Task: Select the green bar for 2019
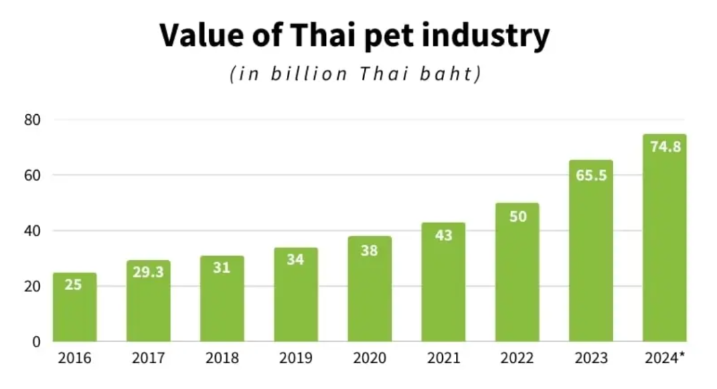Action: click(295, 295)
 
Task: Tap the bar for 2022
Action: click(517, 272)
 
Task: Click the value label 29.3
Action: click(148, 272)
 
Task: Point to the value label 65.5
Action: click(591, 176)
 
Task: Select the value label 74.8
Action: click(665, 147)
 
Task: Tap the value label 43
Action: click(443, 236)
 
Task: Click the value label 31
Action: click(222, 269)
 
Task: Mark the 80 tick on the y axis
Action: click(33, 120)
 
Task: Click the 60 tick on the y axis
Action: click(33, 175)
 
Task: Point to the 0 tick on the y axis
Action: click(37, 342)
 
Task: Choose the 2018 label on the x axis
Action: click(222, 359)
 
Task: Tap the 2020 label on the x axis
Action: click(370, 359)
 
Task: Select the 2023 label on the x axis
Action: click(591, 359)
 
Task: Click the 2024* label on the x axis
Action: click(665, 359)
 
